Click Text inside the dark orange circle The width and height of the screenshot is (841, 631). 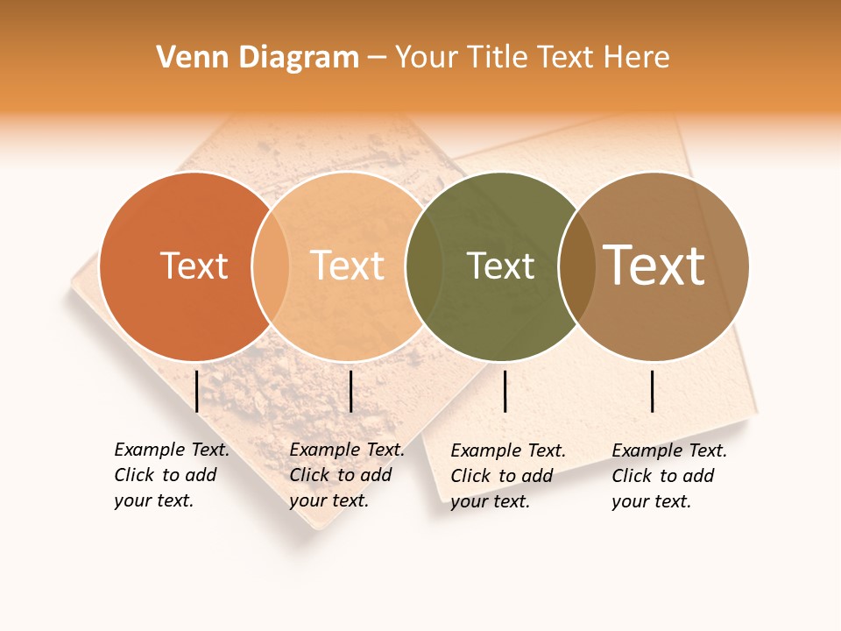tap(194, 266)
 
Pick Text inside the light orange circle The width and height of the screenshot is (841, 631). tap(348, 266)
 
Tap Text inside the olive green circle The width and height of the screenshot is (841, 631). tap(500, 266)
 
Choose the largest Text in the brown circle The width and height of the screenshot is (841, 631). tap(654, 266)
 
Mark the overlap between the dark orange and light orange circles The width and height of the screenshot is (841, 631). tap(271, 266)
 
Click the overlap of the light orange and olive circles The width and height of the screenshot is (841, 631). tap(423, 266)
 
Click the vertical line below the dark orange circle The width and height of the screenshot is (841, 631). tap(197, 391)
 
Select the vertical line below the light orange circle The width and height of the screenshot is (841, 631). tap(350, 391)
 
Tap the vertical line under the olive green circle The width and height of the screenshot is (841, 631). tap(505, 391)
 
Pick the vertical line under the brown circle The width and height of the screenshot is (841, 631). tap(653, 391)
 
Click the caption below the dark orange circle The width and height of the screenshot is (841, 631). tap(172, 475)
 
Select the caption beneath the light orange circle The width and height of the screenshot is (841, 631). tap(347, 475)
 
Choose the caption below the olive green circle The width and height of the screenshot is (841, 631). tap(508, 476)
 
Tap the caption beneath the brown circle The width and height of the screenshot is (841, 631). tap(669, 476)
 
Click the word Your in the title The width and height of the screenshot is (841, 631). tap(427, 57)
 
